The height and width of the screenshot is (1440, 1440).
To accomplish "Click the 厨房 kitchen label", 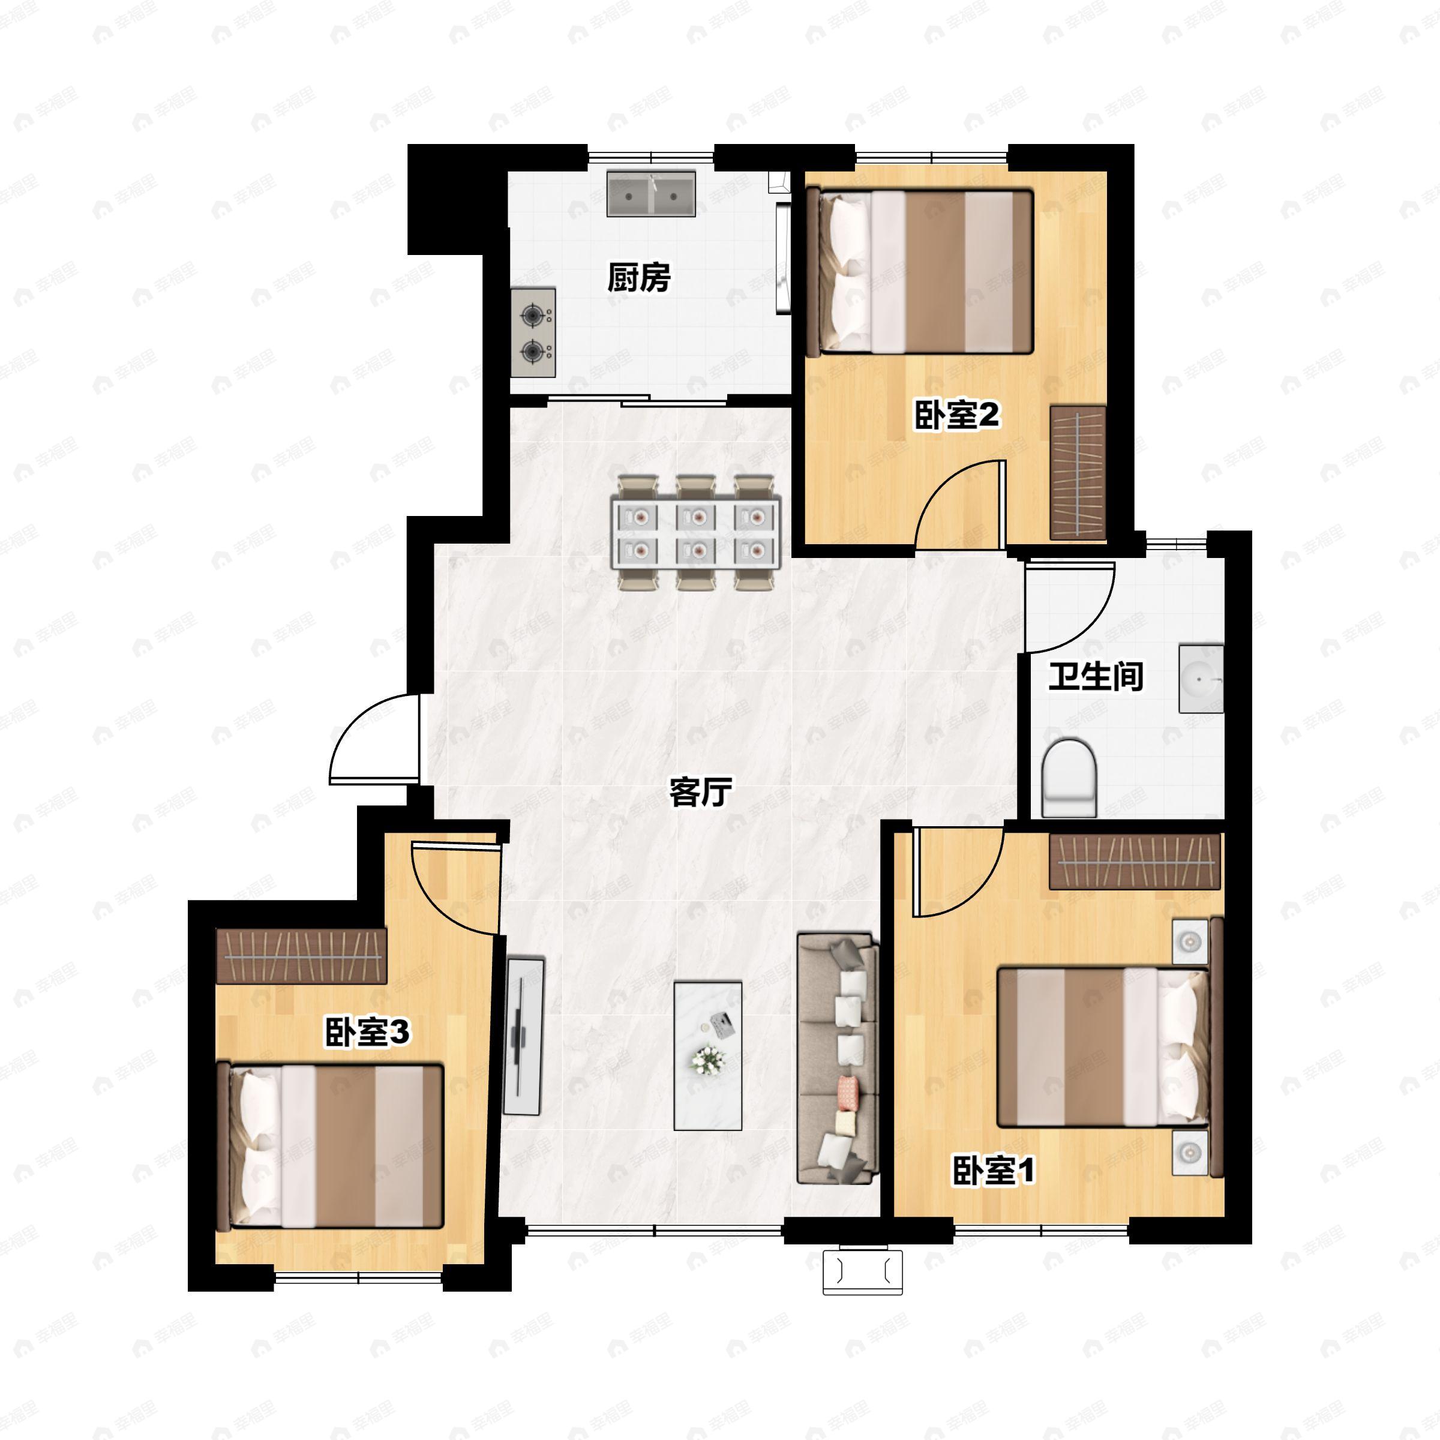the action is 639,277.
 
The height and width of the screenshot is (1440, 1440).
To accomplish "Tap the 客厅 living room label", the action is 701,792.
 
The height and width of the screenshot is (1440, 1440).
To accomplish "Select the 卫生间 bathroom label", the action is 1096,677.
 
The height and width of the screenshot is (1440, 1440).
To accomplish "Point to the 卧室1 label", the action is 994,1170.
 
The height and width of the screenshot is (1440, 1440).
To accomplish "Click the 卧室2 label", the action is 957,415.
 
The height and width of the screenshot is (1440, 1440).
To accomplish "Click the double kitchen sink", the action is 650,194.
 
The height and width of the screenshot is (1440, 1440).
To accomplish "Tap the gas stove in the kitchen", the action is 533,332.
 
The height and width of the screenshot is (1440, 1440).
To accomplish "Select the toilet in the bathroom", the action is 1069,778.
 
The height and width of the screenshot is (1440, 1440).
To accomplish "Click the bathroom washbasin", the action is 1201,678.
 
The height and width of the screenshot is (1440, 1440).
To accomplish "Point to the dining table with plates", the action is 696,533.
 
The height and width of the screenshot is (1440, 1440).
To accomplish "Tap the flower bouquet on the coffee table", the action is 707,1060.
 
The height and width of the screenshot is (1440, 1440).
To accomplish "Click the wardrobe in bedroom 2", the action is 1078,473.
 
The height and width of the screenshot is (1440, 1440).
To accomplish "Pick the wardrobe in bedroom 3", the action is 301,956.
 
